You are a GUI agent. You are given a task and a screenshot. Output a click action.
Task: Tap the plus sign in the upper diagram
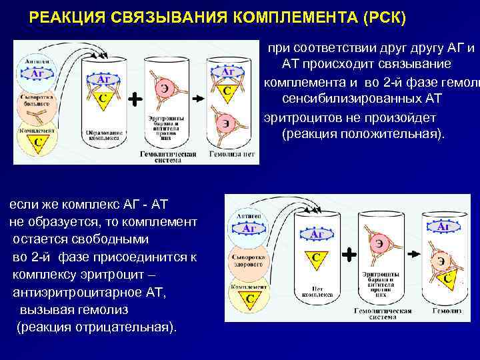pos(135,99)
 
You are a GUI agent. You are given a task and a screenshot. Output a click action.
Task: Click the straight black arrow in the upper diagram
pos(199,99)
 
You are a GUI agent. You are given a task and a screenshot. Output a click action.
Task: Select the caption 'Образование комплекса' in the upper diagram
pos(103,135)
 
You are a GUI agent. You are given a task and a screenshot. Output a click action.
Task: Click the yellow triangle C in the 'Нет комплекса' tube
pos(315,259)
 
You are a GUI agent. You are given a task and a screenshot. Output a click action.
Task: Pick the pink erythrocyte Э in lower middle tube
pos(379,243)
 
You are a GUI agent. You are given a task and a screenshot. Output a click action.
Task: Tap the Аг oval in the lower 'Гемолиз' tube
pos(445,227)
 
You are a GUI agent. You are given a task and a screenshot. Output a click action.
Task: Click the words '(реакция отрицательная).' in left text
pos(97,327)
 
